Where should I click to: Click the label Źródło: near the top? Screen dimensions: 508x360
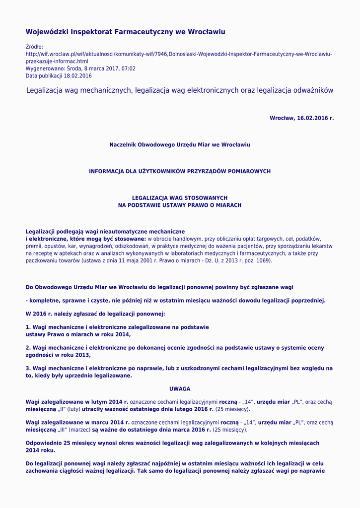34,47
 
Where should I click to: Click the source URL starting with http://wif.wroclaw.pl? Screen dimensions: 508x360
179,54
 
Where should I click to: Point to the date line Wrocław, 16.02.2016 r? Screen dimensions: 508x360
301,118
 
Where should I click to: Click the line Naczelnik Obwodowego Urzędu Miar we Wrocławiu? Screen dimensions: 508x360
180,145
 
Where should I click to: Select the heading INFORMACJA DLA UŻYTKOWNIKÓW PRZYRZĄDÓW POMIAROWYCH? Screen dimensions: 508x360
180,171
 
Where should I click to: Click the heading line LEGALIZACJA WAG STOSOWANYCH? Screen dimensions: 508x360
180,198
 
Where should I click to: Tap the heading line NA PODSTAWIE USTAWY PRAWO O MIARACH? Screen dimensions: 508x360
180,205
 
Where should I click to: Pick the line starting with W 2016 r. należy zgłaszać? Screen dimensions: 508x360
95,314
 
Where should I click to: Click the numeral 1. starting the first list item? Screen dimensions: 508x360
28,327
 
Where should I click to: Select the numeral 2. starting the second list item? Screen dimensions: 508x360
28,348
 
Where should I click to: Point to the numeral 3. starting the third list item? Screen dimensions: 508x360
28,369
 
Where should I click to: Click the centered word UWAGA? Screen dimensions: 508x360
180,389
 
